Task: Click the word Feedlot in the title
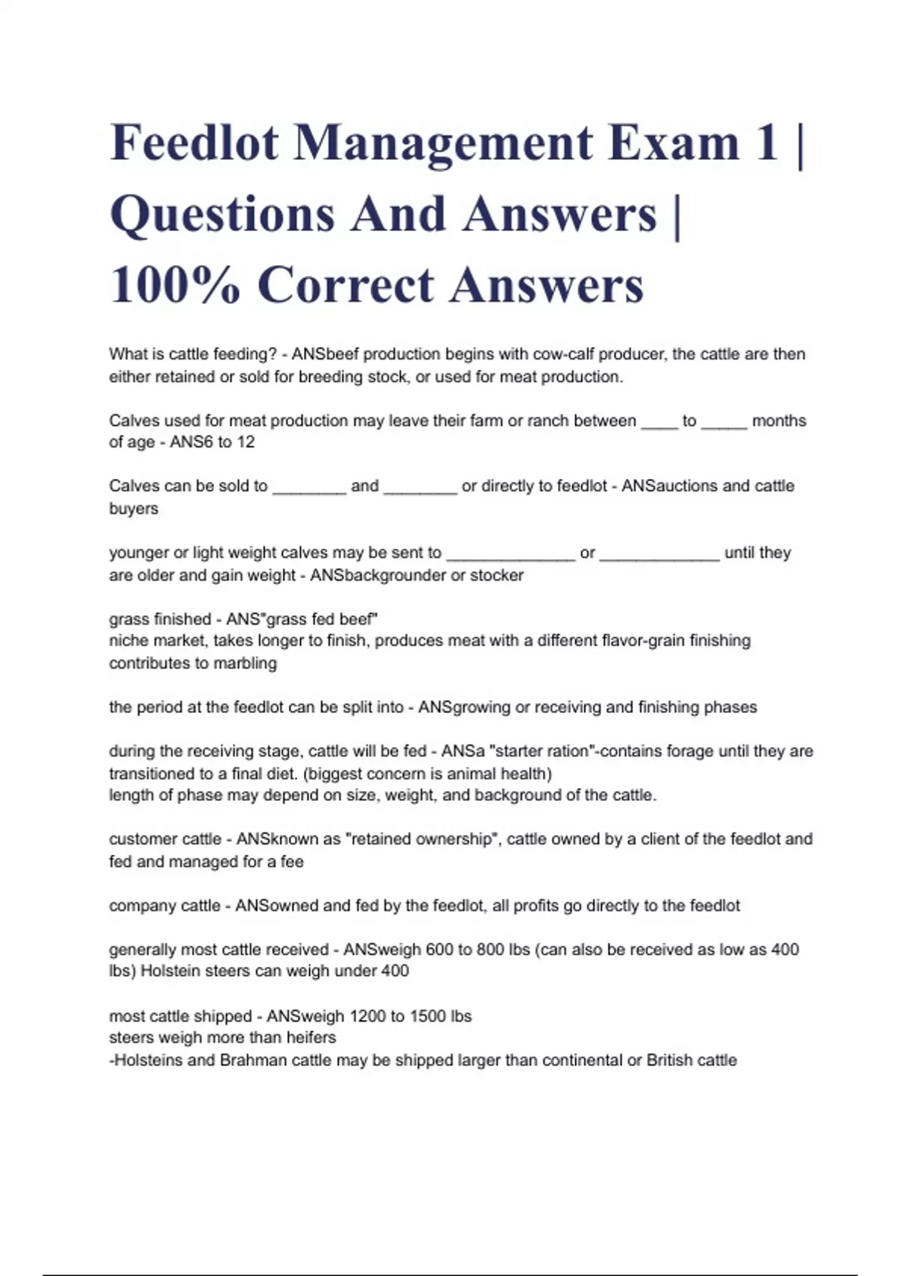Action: [x=194, y=143]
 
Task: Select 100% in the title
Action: [x=175, y=285]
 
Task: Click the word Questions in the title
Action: [x=222, y=215]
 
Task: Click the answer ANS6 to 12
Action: [x=212, y=442]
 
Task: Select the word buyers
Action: [x=134, y=509]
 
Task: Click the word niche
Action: [x=128, y=641]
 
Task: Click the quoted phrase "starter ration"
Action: [x=541, y=751]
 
